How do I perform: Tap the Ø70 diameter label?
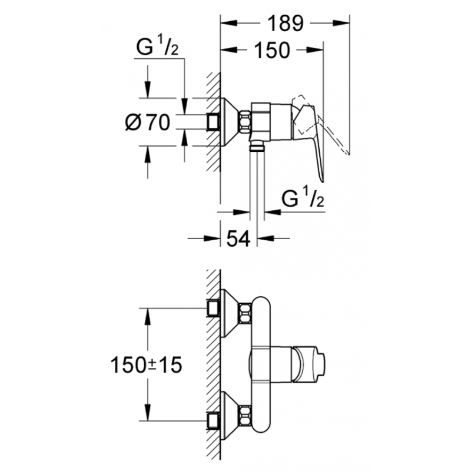tap(148, 122)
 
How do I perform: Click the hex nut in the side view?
tap(244, 122)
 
